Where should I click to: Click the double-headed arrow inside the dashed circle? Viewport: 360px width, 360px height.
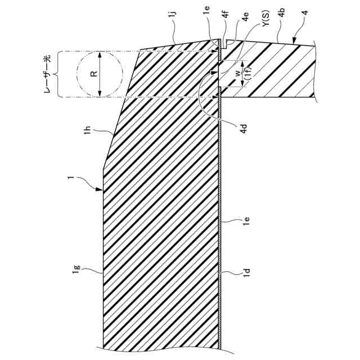(100, 74)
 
